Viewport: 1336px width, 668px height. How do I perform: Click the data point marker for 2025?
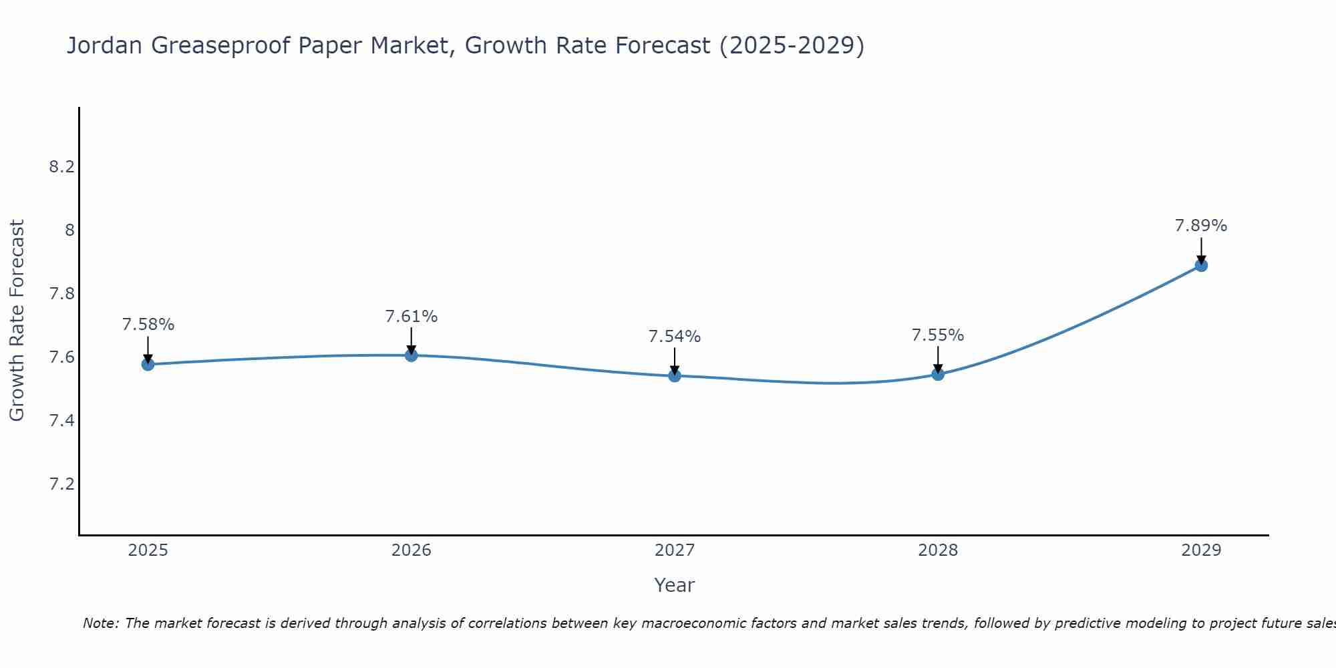pos(148,364)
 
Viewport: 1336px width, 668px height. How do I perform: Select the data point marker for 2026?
pos(411,355)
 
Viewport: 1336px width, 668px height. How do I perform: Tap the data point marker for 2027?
pos(675,375)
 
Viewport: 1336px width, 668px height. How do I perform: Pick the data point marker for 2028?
pos(938,373)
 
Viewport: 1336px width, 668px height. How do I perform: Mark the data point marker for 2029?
pos(1201,265)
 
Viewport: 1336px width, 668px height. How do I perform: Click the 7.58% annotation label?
pos(148,325)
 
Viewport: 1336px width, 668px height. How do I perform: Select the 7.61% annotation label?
pos(411,317)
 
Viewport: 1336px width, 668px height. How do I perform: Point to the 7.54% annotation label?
pos(675,337)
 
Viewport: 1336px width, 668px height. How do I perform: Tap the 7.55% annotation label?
pos(938,335)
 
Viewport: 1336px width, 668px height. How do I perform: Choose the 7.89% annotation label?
pos(1201,226)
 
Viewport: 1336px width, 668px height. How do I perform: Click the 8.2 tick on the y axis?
pos(61,167)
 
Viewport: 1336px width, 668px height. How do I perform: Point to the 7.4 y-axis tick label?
pos(61,421)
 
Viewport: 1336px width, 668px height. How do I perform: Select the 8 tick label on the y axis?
pos(69,230)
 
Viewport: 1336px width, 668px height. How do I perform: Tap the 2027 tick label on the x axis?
pos(675,550)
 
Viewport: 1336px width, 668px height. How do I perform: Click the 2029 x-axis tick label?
pos(1201,550)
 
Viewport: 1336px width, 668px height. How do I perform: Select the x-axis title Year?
pos(675,585)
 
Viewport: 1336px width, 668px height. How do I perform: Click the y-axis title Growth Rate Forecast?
pos(17,321)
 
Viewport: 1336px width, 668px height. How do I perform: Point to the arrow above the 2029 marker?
pos(1201,251)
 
